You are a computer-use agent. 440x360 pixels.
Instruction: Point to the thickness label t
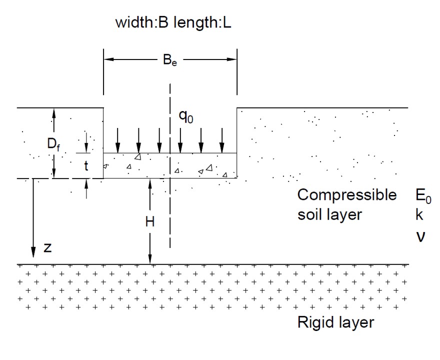[86, 166]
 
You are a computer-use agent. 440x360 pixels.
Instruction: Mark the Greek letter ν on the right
[420, 235]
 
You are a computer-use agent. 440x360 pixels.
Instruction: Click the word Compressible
[346, 194]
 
